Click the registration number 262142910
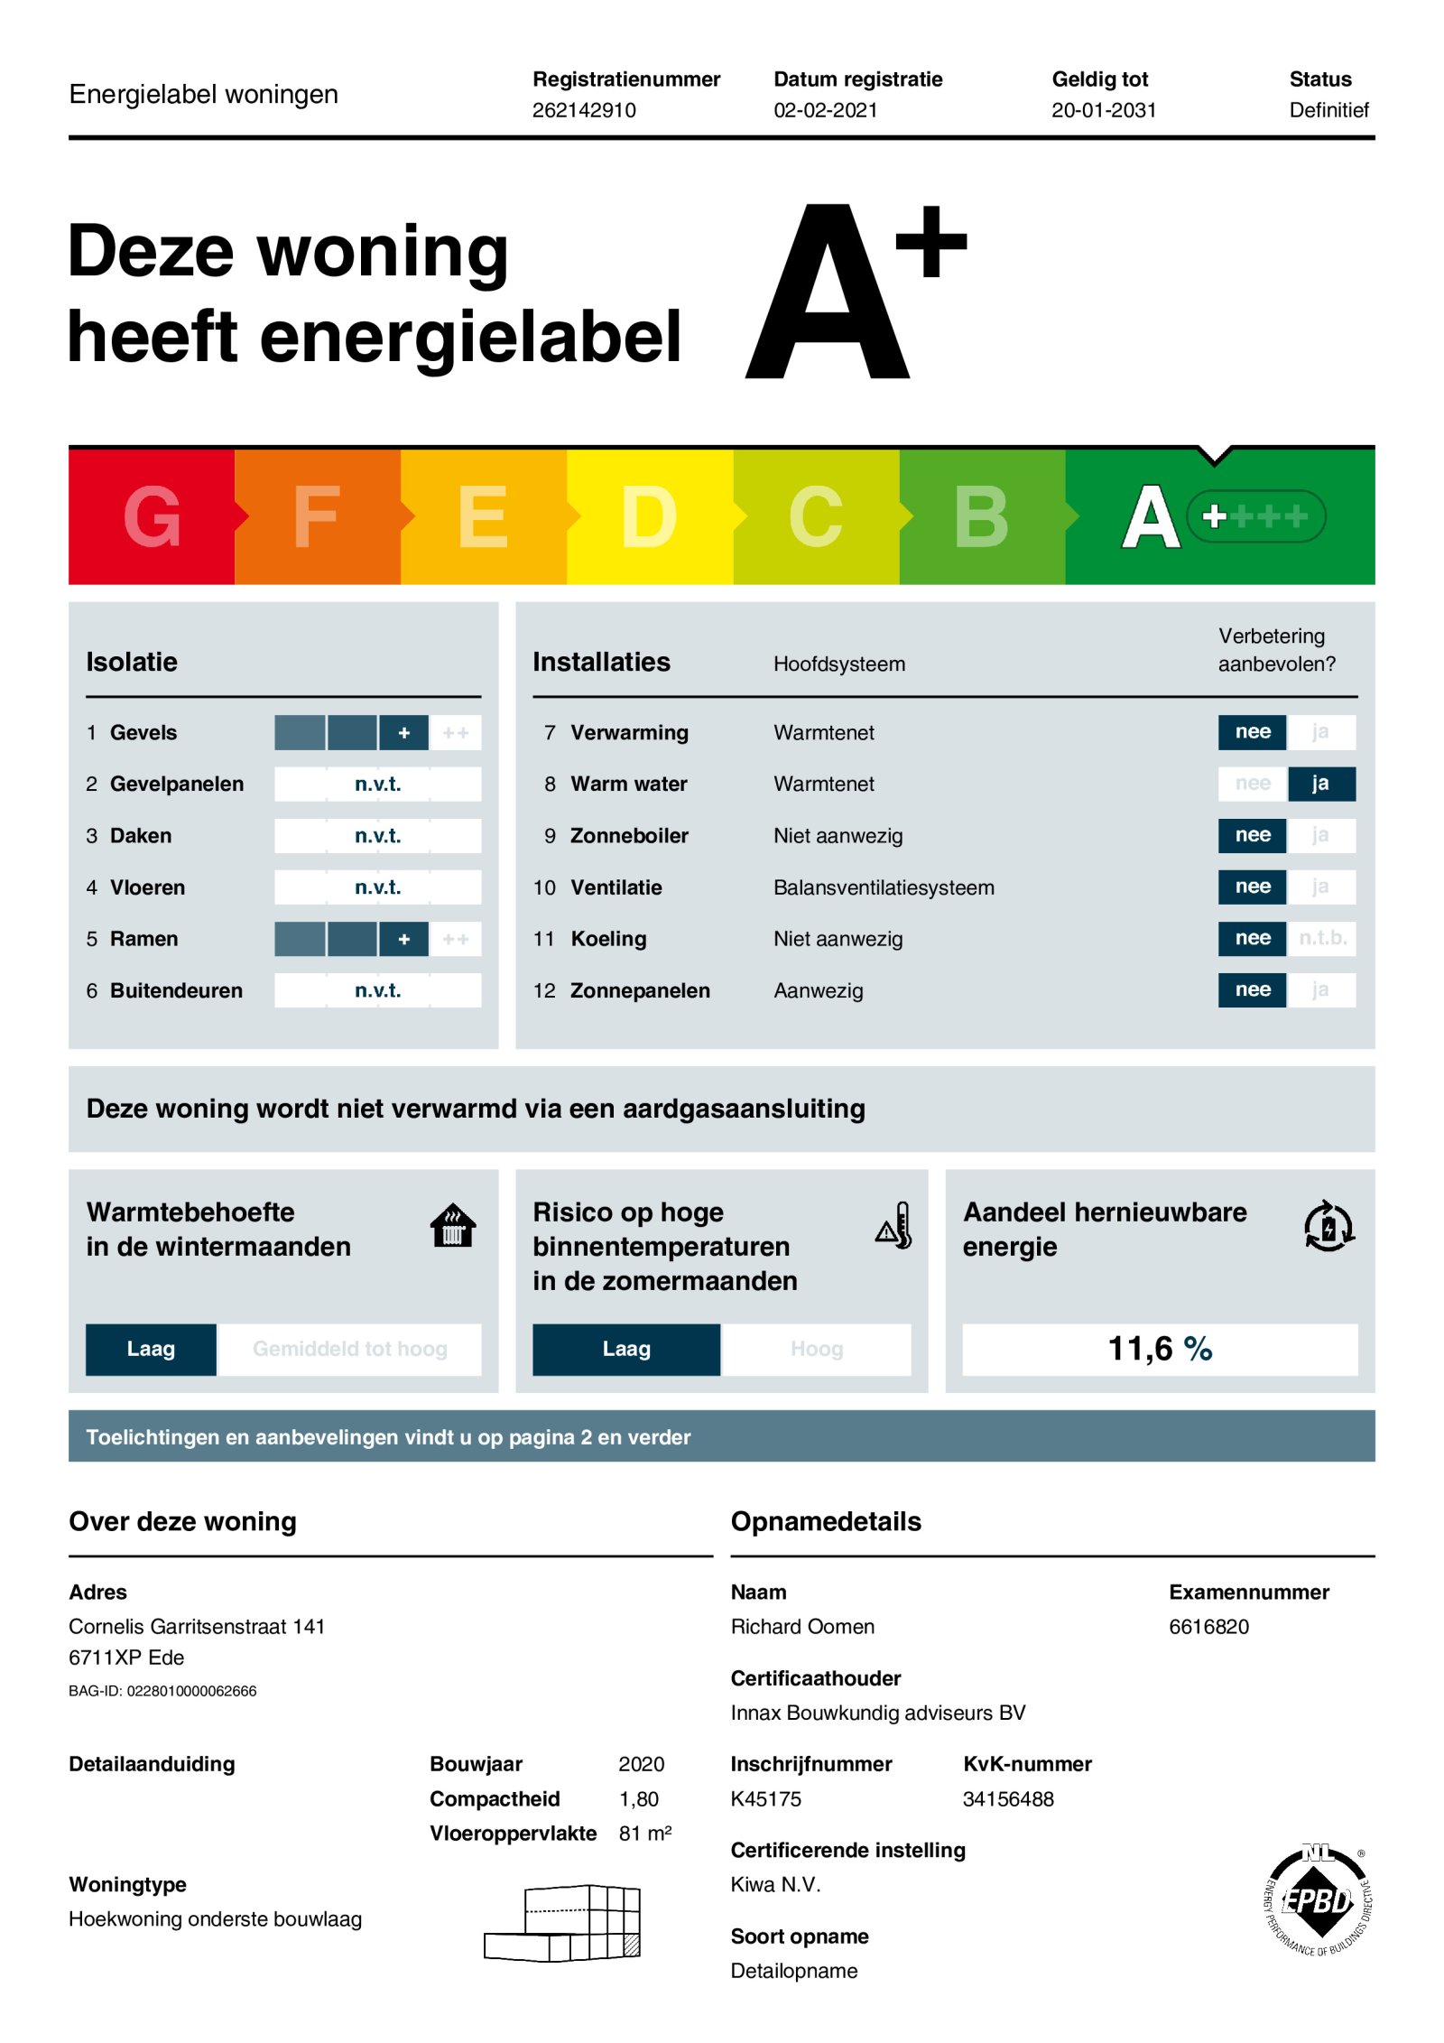pos(584,110)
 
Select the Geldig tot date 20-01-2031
pos(1103,110)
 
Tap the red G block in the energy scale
pos(152,516)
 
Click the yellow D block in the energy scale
pos(649,516)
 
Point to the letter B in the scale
pos(981,516)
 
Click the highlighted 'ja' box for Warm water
pos(1319,784)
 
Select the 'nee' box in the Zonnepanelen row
pos(1252,990)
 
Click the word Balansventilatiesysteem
pos(884,887)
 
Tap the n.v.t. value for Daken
pos(377,836)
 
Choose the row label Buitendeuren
pos(176,990)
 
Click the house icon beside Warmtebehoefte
pos(453,1226)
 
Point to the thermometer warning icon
pos(894,1226)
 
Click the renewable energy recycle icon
pos(1328,1226)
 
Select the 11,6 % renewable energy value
pos(1160,1349)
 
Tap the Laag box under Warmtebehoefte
pos(151,1349)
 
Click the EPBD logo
pos(1319,1900)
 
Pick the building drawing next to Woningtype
pos(563,1923)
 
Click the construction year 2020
pos(641,1764)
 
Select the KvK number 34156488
pos(1008,1799)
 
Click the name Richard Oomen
pos(802,1627)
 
